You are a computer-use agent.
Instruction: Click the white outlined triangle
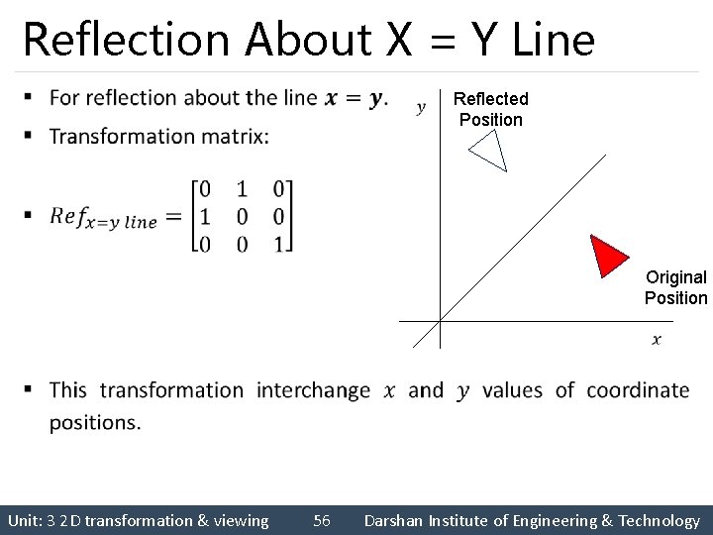click(490, 151)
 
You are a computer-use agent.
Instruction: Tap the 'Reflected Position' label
click(490, 109)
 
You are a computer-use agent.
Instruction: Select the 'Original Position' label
click(676, 287)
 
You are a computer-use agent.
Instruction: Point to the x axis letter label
click(657, 340)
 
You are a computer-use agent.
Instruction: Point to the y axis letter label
click(422, 107)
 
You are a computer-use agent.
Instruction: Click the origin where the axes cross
click(440, 321)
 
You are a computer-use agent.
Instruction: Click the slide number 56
click(322, 520)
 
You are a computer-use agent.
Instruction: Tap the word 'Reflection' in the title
click(128, 40)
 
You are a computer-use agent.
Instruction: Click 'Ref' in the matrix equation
click(67, 217)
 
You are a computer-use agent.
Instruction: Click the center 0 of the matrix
click(242, 216)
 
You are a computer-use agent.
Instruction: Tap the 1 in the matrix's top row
click(242, 189)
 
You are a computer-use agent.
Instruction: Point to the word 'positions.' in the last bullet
click(95, 422)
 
